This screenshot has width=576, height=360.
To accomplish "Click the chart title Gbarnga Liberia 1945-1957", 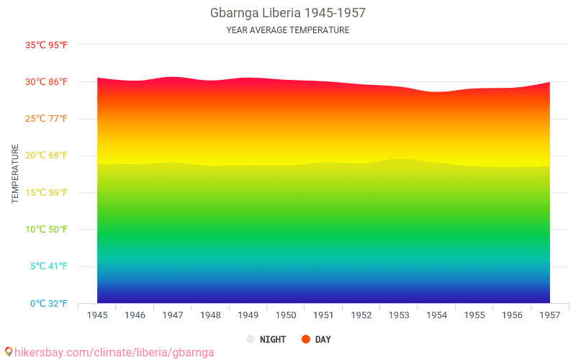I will point(287,14).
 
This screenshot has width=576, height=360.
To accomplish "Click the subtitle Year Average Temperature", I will point(287,30).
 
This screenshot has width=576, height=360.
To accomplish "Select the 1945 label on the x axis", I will point(97,315).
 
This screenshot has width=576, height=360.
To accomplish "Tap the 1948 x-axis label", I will point(210,315).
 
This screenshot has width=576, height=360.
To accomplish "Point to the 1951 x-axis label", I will point(323,315).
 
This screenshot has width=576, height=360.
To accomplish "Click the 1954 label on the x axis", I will point(436,315).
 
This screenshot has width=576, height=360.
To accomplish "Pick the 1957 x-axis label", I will point(549,315).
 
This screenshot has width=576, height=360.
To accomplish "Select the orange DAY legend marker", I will point(306,339).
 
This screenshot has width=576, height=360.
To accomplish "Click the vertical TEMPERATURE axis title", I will point(15,174).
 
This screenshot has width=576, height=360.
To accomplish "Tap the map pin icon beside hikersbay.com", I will point(9,352).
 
